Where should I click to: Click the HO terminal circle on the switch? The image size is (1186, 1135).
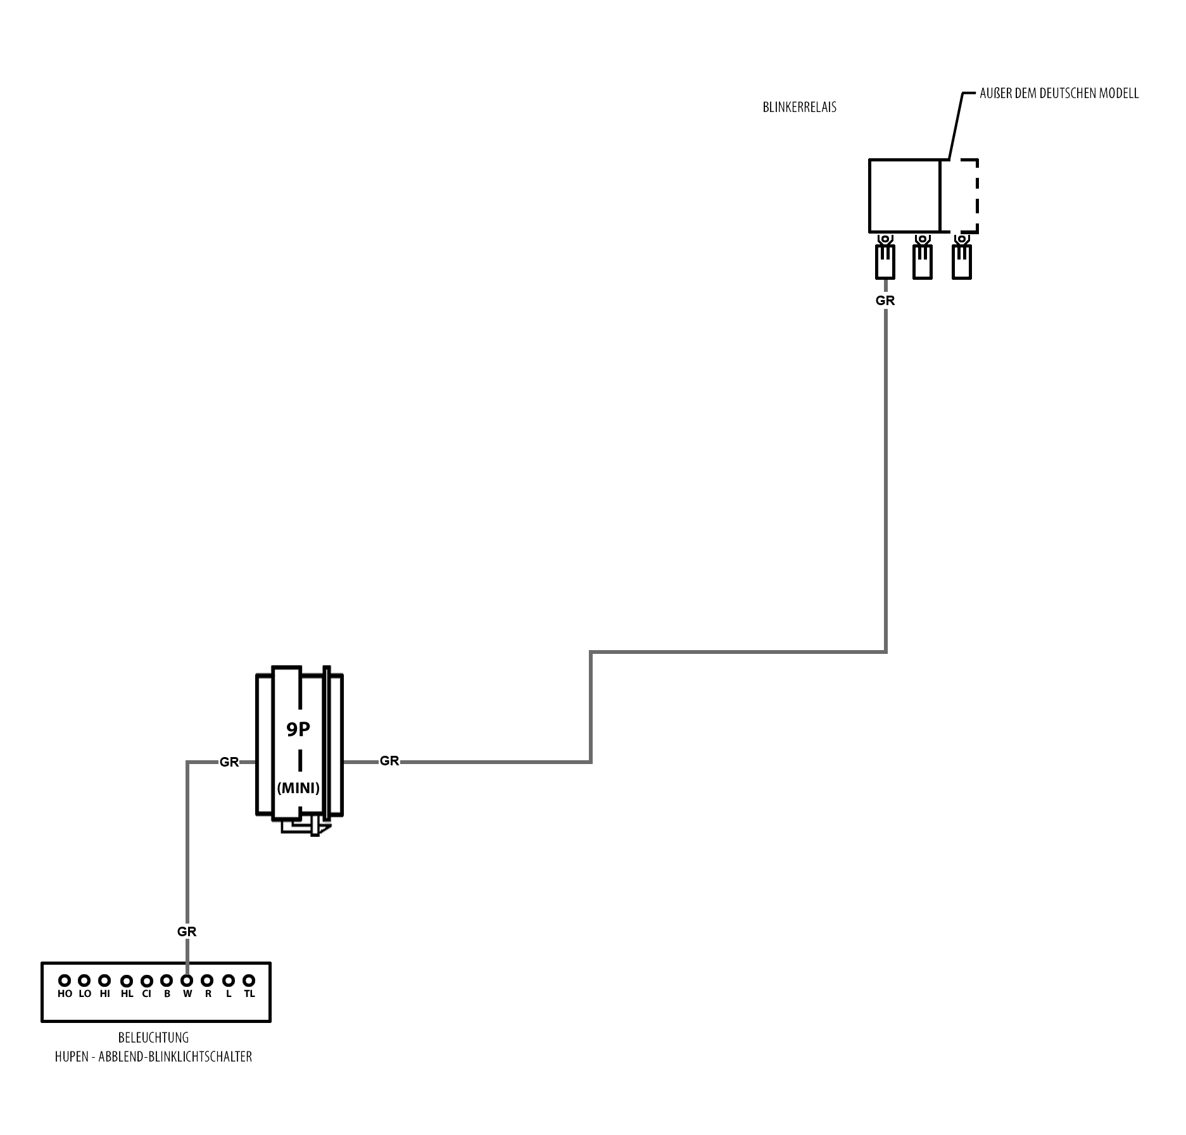coord(65,981)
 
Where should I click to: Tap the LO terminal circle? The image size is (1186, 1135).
coord(84,981)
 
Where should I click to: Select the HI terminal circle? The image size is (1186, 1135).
coord(104,981)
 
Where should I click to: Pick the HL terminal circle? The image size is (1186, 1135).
coord(127,981)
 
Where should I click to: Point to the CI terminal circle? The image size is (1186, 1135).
coord(146,981)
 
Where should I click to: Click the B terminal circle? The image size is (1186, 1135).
coord(167,981)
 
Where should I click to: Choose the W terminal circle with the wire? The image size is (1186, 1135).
coord(187,981)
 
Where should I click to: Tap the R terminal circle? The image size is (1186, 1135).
coord(207,981)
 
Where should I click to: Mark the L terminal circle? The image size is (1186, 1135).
coord(229,981)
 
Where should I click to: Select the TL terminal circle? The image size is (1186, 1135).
coord(249,981)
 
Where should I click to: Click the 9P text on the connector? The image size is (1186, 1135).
coord(298,730)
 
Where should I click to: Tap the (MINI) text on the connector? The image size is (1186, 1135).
coord(298,788)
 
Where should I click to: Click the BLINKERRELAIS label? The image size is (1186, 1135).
coord(799,108)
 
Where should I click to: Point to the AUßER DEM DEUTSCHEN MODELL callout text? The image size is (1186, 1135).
coord(1059,94)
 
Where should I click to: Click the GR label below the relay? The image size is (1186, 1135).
coord(885,301)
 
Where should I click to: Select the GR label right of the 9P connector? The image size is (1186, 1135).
coord(389,761)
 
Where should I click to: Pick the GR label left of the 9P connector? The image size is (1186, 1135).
coord(229,762)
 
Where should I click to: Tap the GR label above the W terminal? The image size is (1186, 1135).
coord(187,932)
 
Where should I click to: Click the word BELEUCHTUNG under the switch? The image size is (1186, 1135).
coord(153,1038)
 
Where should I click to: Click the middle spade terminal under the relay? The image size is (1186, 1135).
coord(922,261)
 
